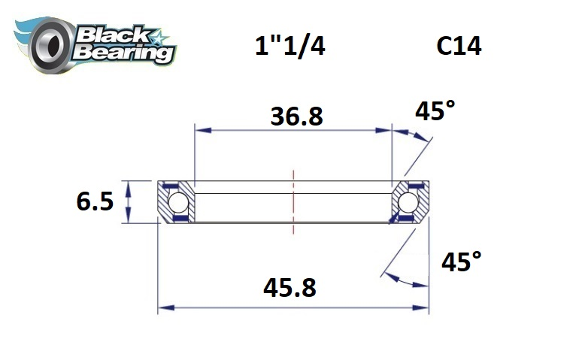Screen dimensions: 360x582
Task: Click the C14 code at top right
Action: point(459,47)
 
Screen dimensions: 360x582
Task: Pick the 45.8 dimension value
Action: point(289,287)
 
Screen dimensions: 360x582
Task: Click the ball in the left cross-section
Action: point(177,202)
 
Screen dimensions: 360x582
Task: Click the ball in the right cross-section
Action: point(409,202)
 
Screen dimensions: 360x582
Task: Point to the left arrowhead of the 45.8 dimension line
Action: point(162,307)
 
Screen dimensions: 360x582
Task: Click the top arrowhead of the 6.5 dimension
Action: point(129,185)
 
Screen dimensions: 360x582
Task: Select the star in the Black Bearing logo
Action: point(159,35)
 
